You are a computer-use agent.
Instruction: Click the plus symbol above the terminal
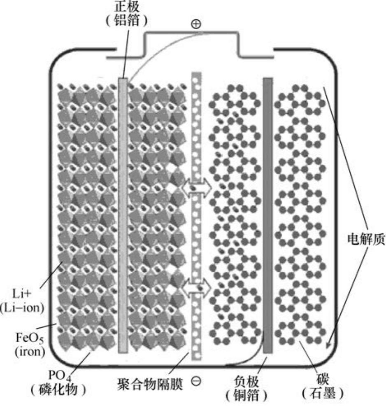click(x=196, y=24)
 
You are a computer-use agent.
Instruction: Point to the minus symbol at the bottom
click(x=197, y=381)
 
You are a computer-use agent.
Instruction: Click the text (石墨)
click(x=323, y=394)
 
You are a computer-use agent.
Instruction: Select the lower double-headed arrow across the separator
click(x=197, y=286)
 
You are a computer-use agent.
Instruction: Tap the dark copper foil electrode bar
click(x=267, y=214)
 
